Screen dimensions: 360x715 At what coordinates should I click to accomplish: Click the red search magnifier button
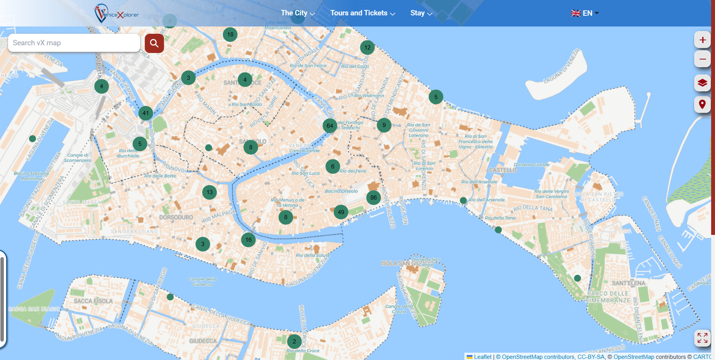click(154, 43)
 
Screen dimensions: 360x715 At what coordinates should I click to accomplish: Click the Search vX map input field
click(74, 43)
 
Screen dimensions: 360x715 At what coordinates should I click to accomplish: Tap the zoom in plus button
click(702, 40)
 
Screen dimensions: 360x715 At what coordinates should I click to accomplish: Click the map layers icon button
click(702, 83)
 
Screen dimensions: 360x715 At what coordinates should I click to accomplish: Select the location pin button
click(702, 104)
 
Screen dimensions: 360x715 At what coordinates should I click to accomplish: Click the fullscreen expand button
click(702, 338)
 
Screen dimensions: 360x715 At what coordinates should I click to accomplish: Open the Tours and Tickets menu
click(362, 13)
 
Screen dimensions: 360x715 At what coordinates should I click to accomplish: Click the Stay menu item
click(421, 13)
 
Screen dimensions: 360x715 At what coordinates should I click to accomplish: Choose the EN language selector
click(585, 13)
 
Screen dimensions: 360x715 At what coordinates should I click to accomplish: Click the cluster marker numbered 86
click(373, 198)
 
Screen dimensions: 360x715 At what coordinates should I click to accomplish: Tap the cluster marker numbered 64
click(330, 126)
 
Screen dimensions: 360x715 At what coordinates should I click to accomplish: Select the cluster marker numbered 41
click(145, 113)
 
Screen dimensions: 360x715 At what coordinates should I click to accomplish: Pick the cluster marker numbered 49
click(341, 212)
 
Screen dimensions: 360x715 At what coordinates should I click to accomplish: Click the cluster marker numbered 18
click(230, 35)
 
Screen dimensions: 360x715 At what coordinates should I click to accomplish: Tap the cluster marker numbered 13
click(210, 192)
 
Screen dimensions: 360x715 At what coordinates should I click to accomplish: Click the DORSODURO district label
click(176, 217)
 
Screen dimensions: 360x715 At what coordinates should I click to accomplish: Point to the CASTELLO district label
click(502, 170)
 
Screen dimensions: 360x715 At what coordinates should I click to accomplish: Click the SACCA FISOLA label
click(93, 301)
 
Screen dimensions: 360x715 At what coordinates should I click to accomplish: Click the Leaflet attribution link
click(482, 357)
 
